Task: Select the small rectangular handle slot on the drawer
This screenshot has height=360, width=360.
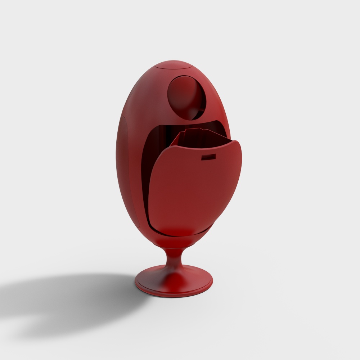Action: point(208,157)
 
